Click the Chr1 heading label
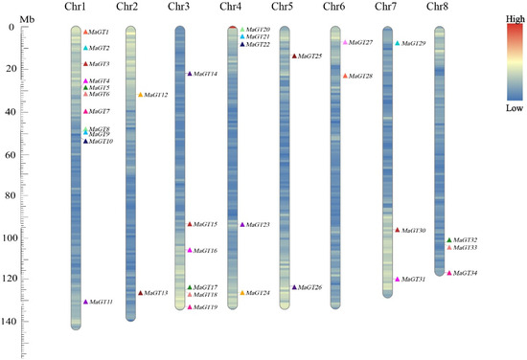tap(76, 8)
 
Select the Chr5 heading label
tap(283, 8)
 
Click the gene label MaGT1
tap(99, 33)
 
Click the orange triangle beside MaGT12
tap(141, 95)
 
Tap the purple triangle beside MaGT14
tap(190, 74)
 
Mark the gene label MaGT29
tap(414, 44)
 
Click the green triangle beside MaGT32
tap(449, 240)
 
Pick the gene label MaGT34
tap(467, 273)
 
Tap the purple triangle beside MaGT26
tap(294, 287)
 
